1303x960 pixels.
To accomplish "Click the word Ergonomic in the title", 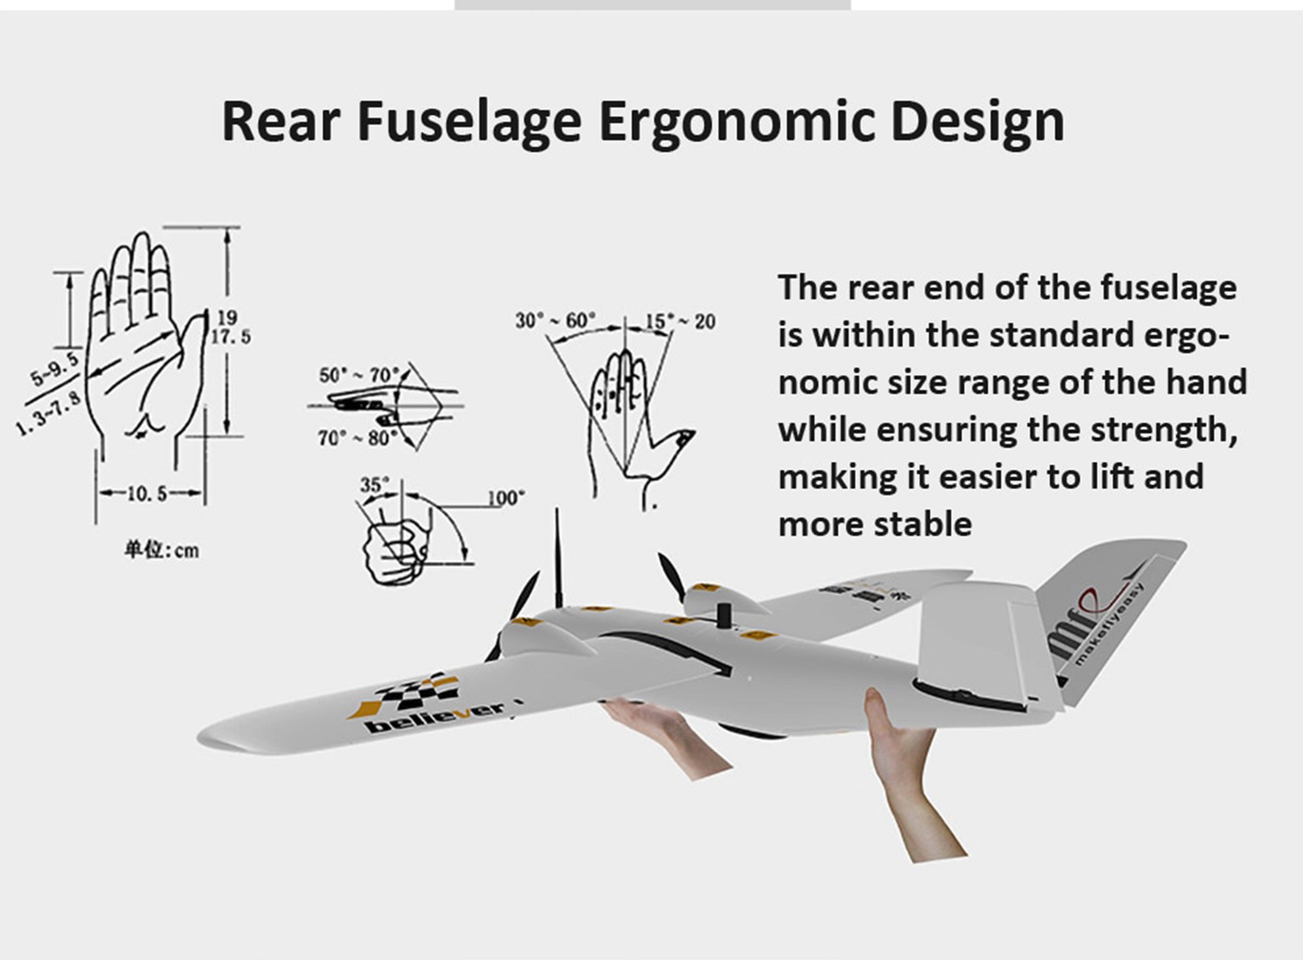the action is pyautogui.click(x=736, y=121).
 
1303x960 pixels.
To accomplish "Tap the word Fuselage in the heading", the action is pyautogui.click(x=470, y=121).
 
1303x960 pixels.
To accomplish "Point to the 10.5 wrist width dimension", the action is pyautogui.click(x=147, y=494).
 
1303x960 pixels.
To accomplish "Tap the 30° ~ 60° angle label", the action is pyautogui.click(x=556, y=320).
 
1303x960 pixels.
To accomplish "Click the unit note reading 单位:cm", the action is pyautogui.click(x=162, y=550).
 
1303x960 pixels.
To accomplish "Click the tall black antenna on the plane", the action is pyautogui.click(x=558, y=558).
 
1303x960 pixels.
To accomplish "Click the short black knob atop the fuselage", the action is pyautogui.click(x=723, y=616).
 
